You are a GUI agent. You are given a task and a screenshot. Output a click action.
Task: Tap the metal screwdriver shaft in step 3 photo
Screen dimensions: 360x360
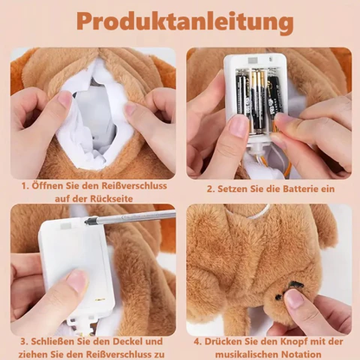click(x=130, y=217)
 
